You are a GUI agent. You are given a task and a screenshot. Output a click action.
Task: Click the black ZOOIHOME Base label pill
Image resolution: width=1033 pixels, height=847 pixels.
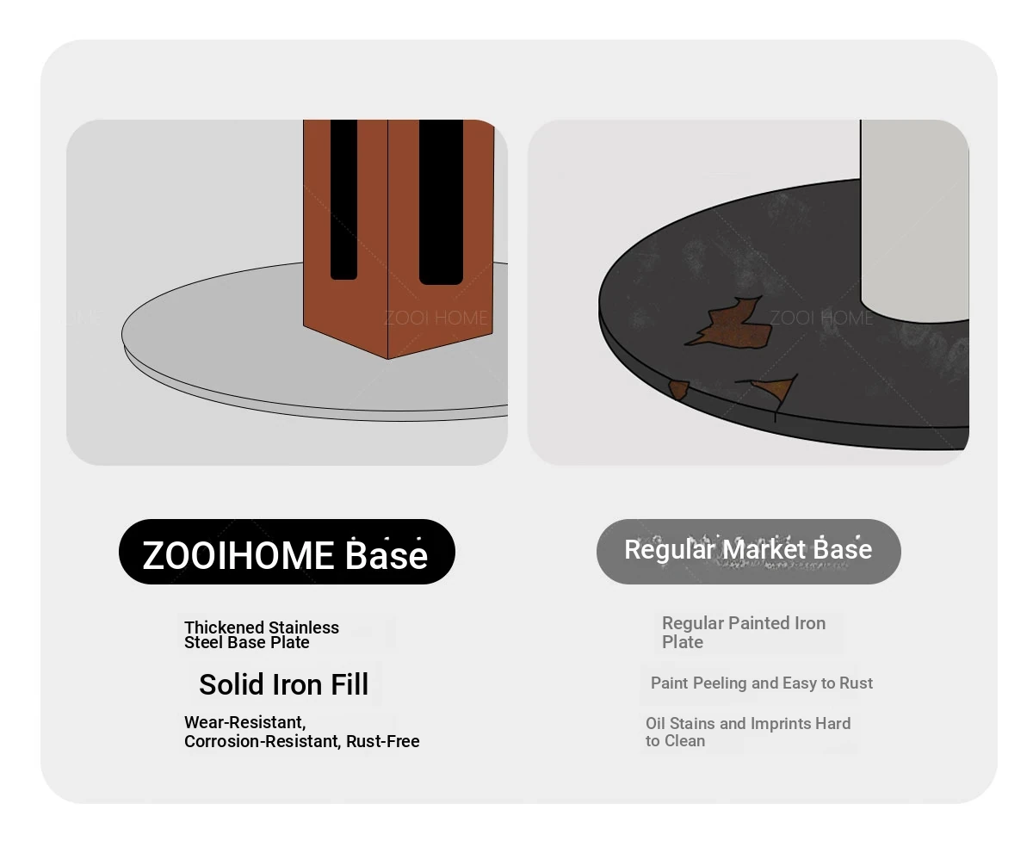286,551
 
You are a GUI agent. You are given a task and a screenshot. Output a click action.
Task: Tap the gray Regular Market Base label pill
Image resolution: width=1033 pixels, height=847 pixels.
748,551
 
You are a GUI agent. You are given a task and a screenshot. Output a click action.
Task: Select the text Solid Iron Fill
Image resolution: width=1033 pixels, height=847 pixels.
283,683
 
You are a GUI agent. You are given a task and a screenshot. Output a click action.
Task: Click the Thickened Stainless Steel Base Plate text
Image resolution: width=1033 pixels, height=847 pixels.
261,634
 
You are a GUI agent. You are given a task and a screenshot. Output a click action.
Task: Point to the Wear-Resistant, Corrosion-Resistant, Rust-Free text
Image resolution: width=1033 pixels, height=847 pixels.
301,732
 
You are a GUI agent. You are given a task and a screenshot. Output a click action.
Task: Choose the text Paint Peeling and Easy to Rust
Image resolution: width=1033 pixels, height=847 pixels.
761,683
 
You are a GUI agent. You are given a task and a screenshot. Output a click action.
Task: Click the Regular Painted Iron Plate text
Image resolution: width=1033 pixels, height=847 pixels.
744,632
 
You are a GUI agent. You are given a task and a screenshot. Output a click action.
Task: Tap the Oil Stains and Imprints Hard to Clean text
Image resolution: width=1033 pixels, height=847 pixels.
748,732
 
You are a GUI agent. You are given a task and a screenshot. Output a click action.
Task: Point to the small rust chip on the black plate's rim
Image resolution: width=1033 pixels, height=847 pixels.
678,390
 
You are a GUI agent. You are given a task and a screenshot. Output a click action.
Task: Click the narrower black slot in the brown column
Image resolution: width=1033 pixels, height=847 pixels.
343,200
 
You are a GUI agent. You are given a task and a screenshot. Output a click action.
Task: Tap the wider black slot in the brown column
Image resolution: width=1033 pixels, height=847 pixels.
441,201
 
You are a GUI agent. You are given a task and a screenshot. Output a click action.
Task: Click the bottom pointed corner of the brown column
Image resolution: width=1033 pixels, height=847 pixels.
387,359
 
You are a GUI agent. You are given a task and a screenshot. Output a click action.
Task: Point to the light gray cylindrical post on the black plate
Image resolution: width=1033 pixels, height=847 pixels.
914,220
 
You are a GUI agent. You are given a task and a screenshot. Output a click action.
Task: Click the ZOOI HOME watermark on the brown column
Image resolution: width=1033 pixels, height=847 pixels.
436,318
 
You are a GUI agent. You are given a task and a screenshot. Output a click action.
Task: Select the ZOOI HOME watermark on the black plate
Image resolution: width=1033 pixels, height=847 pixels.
821,318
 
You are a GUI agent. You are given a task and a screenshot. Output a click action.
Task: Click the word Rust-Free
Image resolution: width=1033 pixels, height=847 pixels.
382,741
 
